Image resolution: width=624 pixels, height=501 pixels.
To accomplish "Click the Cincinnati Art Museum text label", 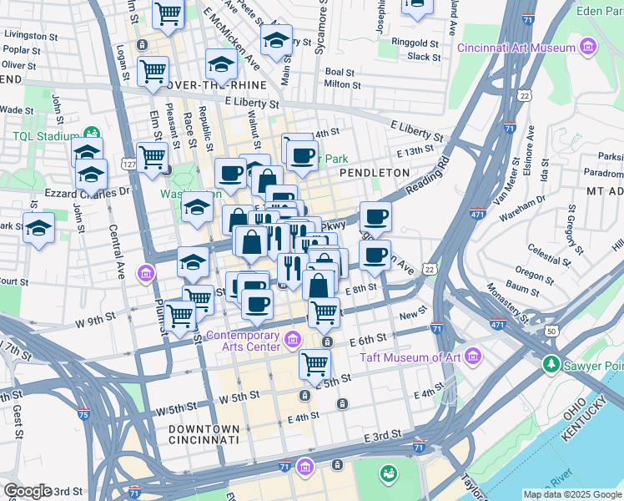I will tap(516, 48).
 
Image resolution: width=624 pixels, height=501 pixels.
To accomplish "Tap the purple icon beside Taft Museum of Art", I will tap(473, 358).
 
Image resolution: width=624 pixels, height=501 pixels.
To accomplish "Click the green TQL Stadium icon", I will tap(91, 134).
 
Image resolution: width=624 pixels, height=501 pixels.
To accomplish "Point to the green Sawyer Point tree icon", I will tap(551, 364).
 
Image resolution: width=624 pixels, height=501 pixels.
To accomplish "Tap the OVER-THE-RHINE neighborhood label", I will tap(216, 85).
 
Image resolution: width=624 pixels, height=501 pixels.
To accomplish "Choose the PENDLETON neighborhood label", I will tap(375, 172).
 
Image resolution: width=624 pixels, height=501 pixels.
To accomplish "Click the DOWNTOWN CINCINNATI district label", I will tap(204, 433).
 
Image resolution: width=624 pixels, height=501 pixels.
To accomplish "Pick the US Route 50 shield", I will tap(551, 331).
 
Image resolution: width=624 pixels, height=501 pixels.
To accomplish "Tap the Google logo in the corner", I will tap(28, 490).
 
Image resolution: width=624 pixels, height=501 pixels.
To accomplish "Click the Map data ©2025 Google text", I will tap(571, 494).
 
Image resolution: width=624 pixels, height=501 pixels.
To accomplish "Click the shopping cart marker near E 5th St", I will tap(315, 364).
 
